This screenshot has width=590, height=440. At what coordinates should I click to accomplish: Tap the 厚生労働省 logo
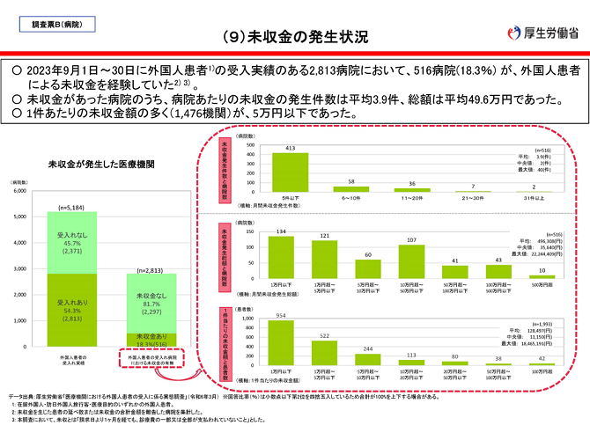[x=544, y=33]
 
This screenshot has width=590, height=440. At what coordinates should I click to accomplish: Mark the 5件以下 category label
[x=284, y=197]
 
